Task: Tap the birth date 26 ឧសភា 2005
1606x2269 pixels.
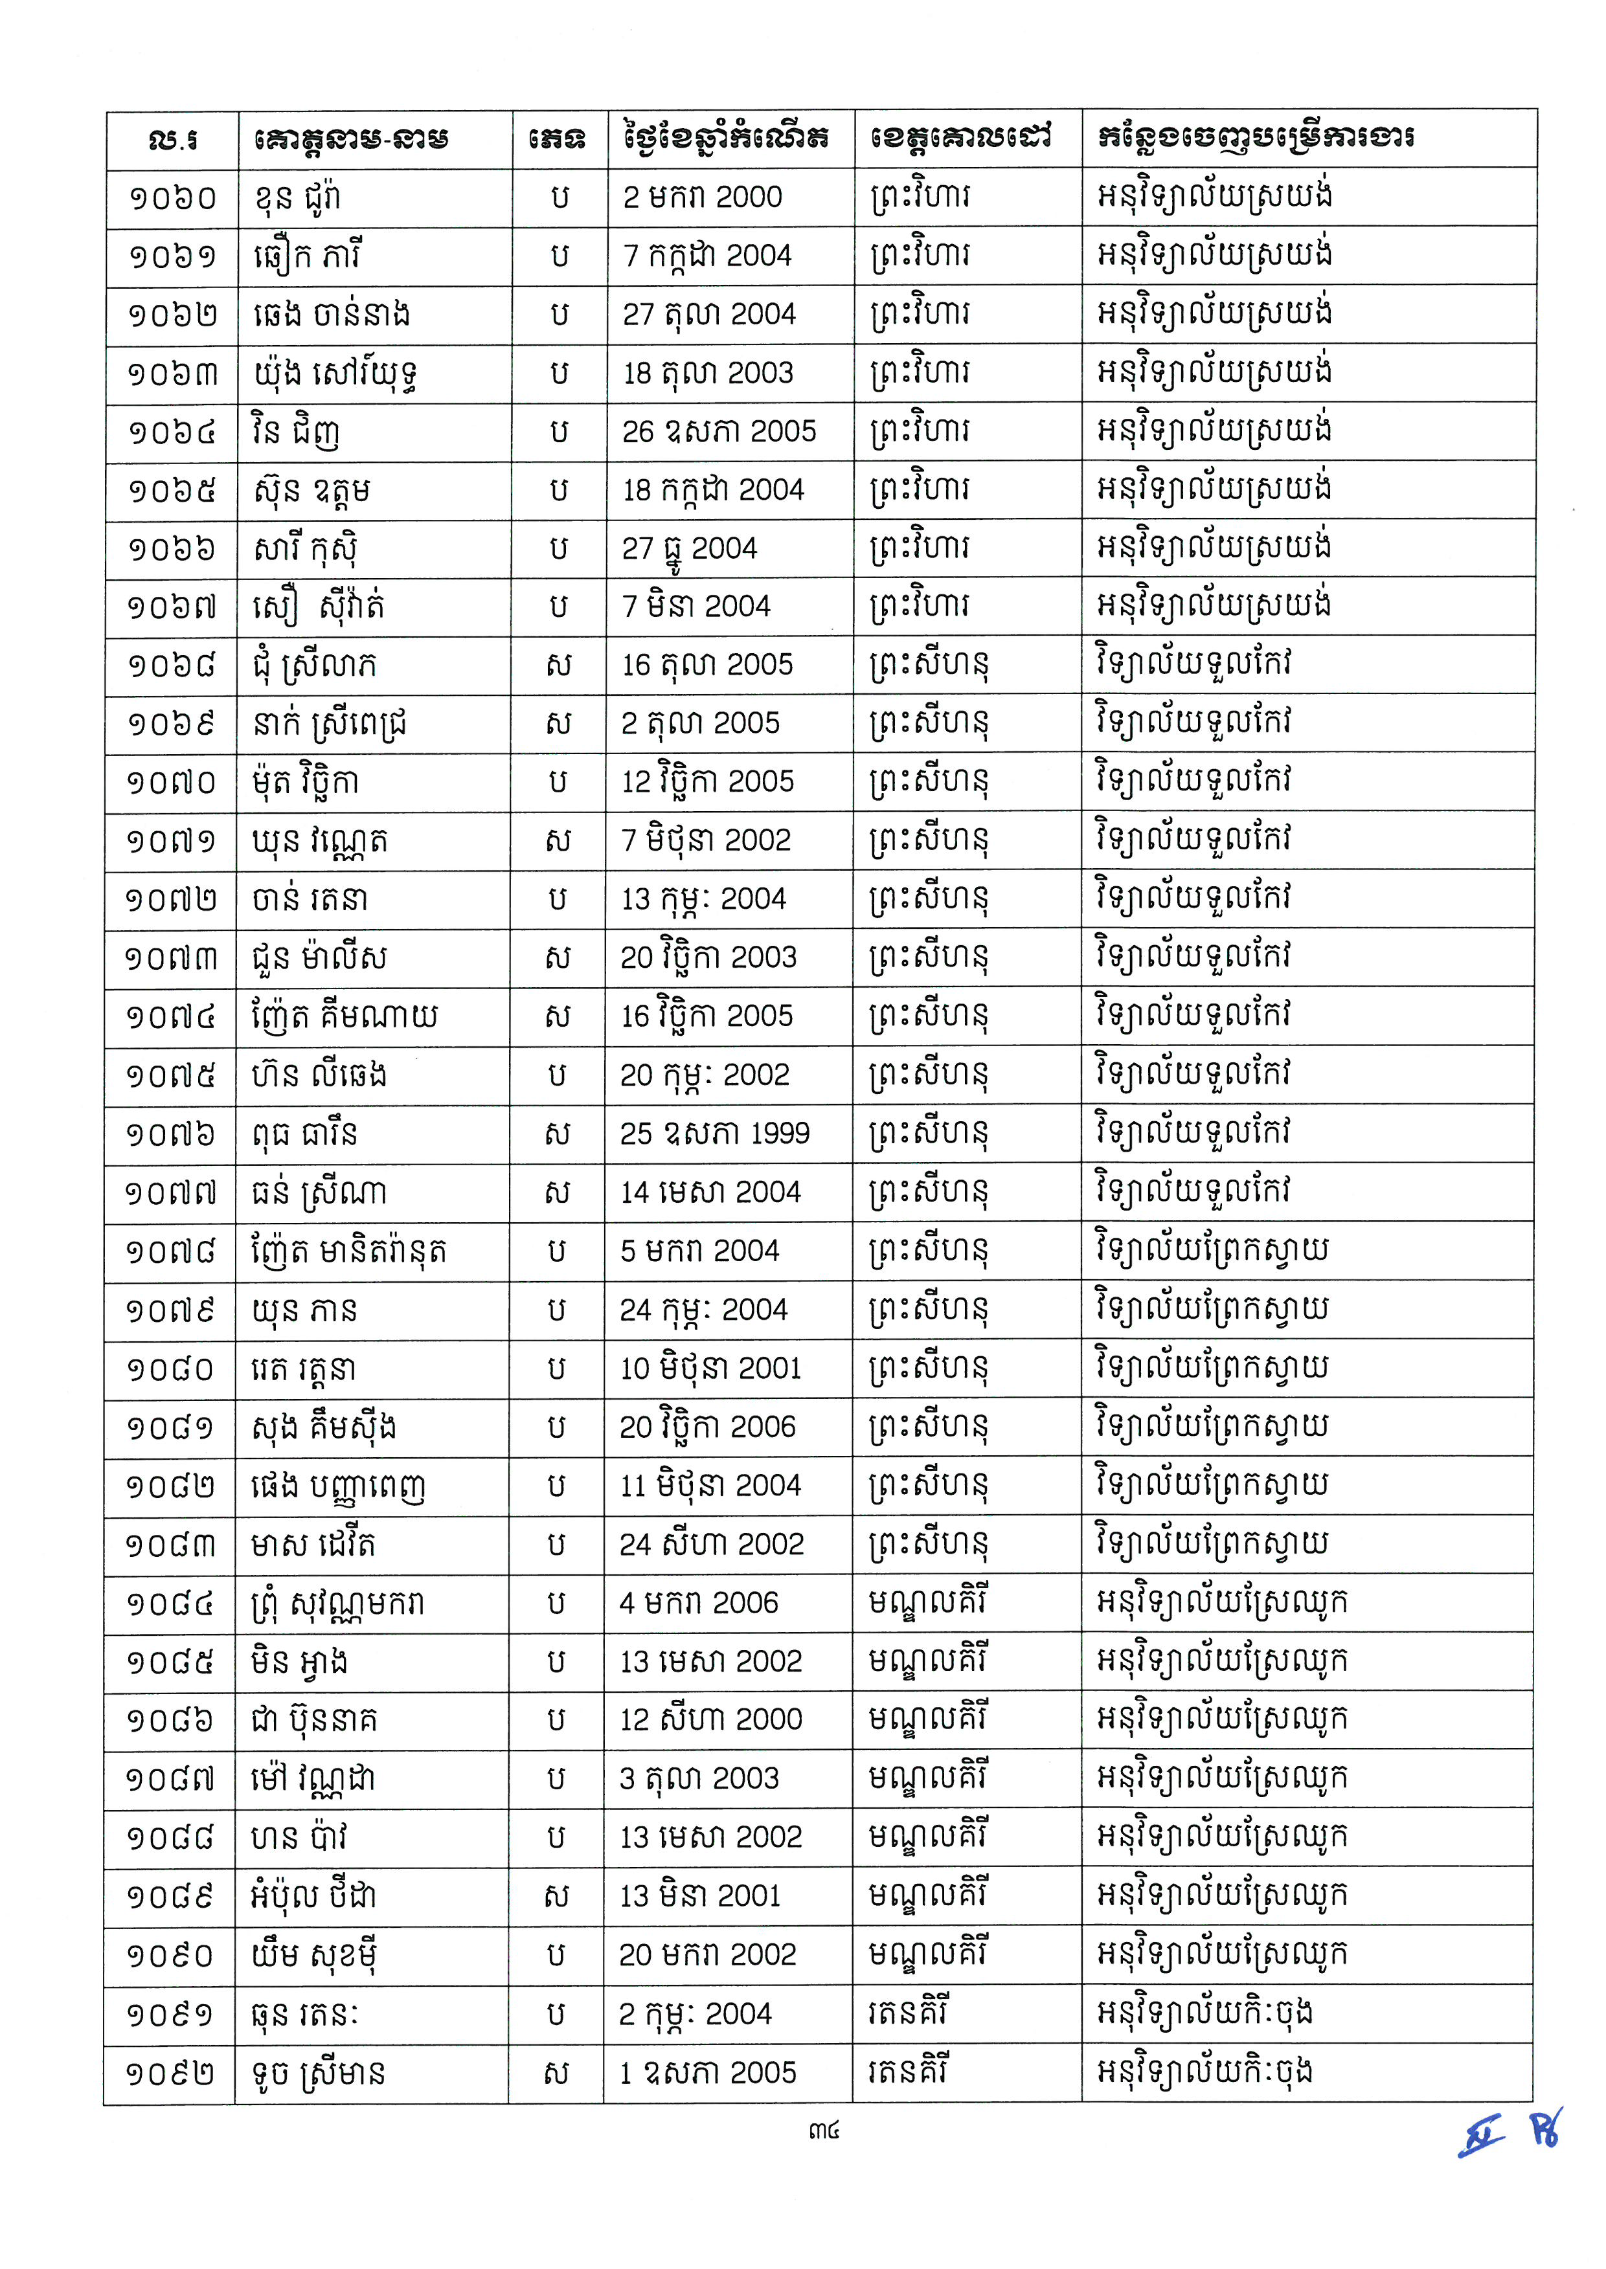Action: click(719, 431)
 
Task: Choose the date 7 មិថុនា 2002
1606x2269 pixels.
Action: click(706, 840)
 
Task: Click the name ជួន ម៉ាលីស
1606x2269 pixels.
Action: click(319, 957)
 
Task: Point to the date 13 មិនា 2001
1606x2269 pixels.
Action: click(700, 1895)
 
